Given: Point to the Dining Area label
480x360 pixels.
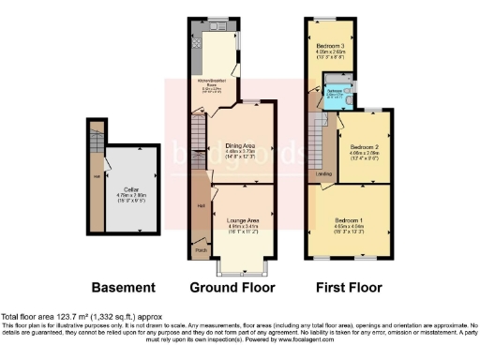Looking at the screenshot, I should point(241,145).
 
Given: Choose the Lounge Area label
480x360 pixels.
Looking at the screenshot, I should point(242,220).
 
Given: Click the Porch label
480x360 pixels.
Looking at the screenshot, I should point(201,250).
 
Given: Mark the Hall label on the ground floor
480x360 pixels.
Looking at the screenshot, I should point(200,205).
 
